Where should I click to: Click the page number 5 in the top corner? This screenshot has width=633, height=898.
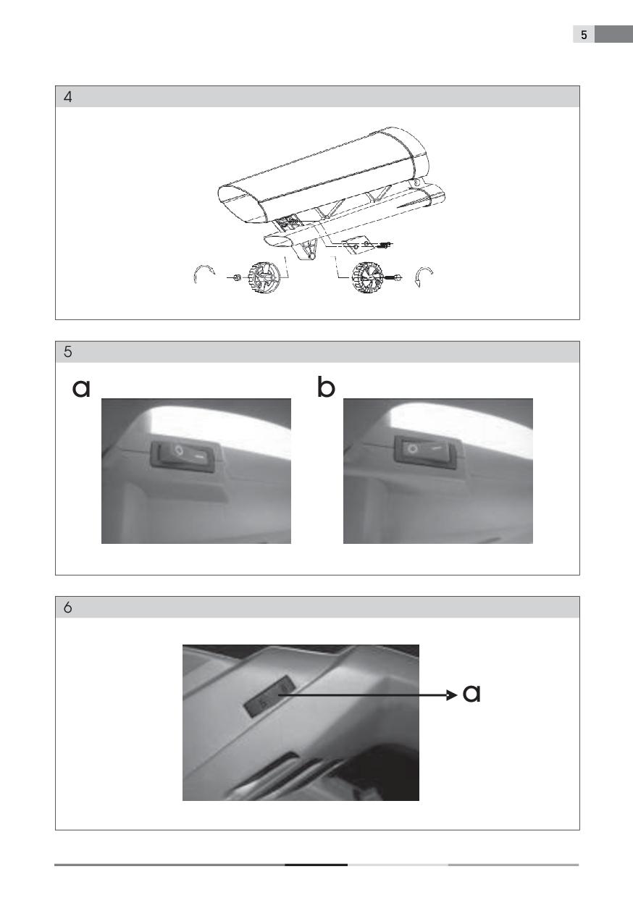click(584, 35)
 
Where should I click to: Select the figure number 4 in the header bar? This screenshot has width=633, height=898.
click(68, 97)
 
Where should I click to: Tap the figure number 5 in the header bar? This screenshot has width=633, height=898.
click(68, 351)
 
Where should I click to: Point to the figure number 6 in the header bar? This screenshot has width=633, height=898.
click(68, 608)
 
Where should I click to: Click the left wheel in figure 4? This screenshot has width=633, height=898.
click(264, 277)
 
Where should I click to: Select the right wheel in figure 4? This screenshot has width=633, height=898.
click(366, 277)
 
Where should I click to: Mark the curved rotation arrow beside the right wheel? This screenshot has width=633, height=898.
click(424, 276)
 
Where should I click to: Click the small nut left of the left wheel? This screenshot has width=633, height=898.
click(237, 277)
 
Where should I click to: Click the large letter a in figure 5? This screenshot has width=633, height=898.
click(81, 388)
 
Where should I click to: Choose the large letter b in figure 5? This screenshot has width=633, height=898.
click(325, 387)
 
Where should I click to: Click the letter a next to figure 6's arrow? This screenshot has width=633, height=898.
click(471, 692)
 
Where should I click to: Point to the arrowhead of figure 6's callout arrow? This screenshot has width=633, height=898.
click(452, 695)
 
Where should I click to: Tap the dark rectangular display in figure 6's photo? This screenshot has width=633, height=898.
click(270, 697)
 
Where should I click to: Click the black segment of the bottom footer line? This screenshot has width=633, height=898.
click(316, 865)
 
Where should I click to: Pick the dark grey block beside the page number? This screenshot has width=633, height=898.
click(613, 34)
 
